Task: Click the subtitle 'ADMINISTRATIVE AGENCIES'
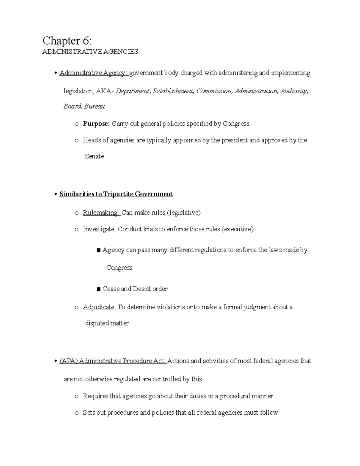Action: point(90,52)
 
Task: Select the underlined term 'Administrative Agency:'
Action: point(94,73)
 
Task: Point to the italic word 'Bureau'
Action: point(94,106)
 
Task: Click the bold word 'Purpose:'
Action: point(96,124)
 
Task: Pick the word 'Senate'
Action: point(94,156)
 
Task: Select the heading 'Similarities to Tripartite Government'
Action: point(116,194)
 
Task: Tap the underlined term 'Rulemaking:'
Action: point(101,213)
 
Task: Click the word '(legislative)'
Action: point(184,213)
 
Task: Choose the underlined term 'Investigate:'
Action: point(100,229)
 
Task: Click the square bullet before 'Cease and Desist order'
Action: point(98,289)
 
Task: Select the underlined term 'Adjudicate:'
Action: point(99,307)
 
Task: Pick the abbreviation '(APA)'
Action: point(68,361)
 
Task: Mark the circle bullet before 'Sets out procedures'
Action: point(77,413)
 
